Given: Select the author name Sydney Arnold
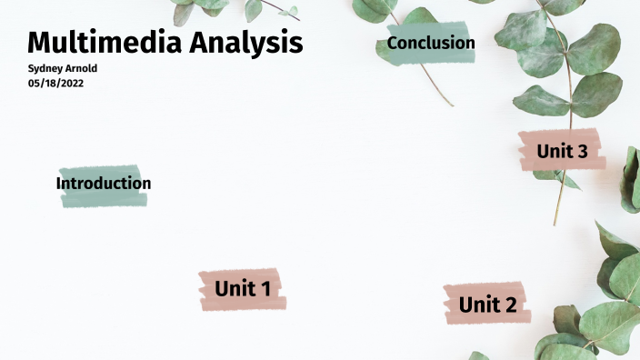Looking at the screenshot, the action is tap(63, 68).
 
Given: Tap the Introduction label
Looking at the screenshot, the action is tap(104, 184).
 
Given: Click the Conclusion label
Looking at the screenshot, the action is tap(431, 43).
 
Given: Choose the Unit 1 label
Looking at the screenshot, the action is tap(243, 289).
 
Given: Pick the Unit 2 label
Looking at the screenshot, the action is tap(487, 305).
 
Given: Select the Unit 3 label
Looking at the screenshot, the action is tap(562, 151).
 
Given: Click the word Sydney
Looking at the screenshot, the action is tap(46, 68).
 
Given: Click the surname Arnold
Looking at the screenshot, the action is tap(82, 68).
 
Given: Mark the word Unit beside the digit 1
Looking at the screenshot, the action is tap(233, 289).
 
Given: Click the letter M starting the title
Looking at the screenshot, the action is tap(39, 42).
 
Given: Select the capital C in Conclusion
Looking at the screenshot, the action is tap(394, 43).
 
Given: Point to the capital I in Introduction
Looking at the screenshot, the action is tap(59, 184).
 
